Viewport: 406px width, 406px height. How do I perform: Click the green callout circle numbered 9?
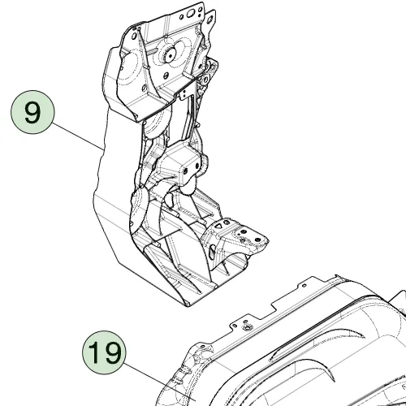(x=32, y=112)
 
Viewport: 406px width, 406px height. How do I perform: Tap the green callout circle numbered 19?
(x=104, y=352)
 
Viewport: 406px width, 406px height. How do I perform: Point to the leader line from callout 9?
(x=77, y=136)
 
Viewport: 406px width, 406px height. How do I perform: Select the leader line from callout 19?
(x=159, y=381)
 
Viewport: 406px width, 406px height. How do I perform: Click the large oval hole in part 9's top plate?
(x=190, y=13)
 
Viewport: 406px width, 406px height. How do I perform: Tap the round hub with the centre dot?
(x=171, y=55)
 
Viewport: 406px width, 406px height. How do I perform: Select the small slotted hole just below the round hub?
(x=166, y=75)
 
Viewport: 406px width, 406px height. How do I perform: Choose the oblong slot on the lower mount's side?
(x=212, y=251)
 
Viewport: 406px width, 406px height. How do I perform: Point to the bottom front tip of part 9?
(x=187, y=306)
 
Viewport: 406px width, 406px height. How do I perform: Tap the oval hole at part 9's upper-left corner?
(x=134, y=36)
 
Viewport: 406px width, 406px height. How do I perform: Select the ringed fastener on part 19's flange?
(x=247, y=328)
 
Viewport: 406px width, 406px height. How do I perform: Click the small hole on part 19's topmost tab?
(x=304, y=285)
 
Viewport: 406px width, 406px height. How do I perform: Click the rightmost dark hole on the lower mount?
(x=257, y=240)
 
